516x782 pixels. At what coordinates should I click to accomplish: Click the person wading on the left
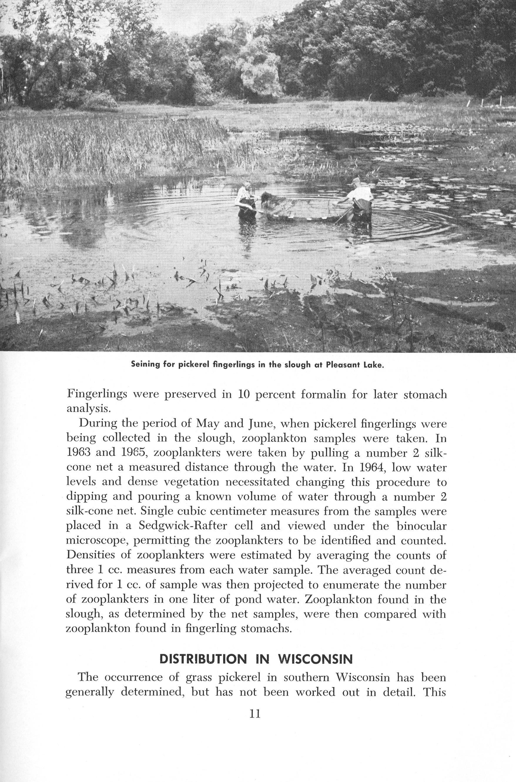[x=245, y=203]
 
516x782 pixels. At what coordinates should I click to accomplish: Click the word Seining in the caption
[x=145, y=365]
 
